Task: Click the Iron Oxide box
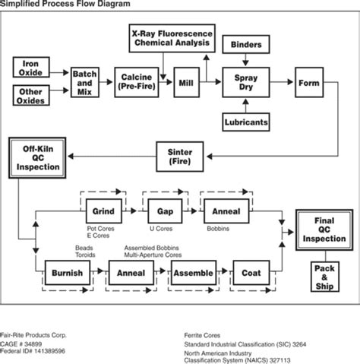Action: click(36, 68)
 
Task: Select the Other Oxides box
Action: click(36, 96)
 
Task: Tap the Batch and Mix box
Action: click(86, 81)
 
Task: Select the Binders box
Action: click(246, 46)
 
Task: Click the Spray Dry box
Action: click(245, 81)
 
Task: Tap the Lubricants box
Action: click(245, 120)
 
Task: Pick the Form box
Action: click(308, 81)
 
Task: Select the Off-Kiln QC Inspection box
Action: click(37, 156)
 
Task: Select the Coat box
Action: click(251, 274)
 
